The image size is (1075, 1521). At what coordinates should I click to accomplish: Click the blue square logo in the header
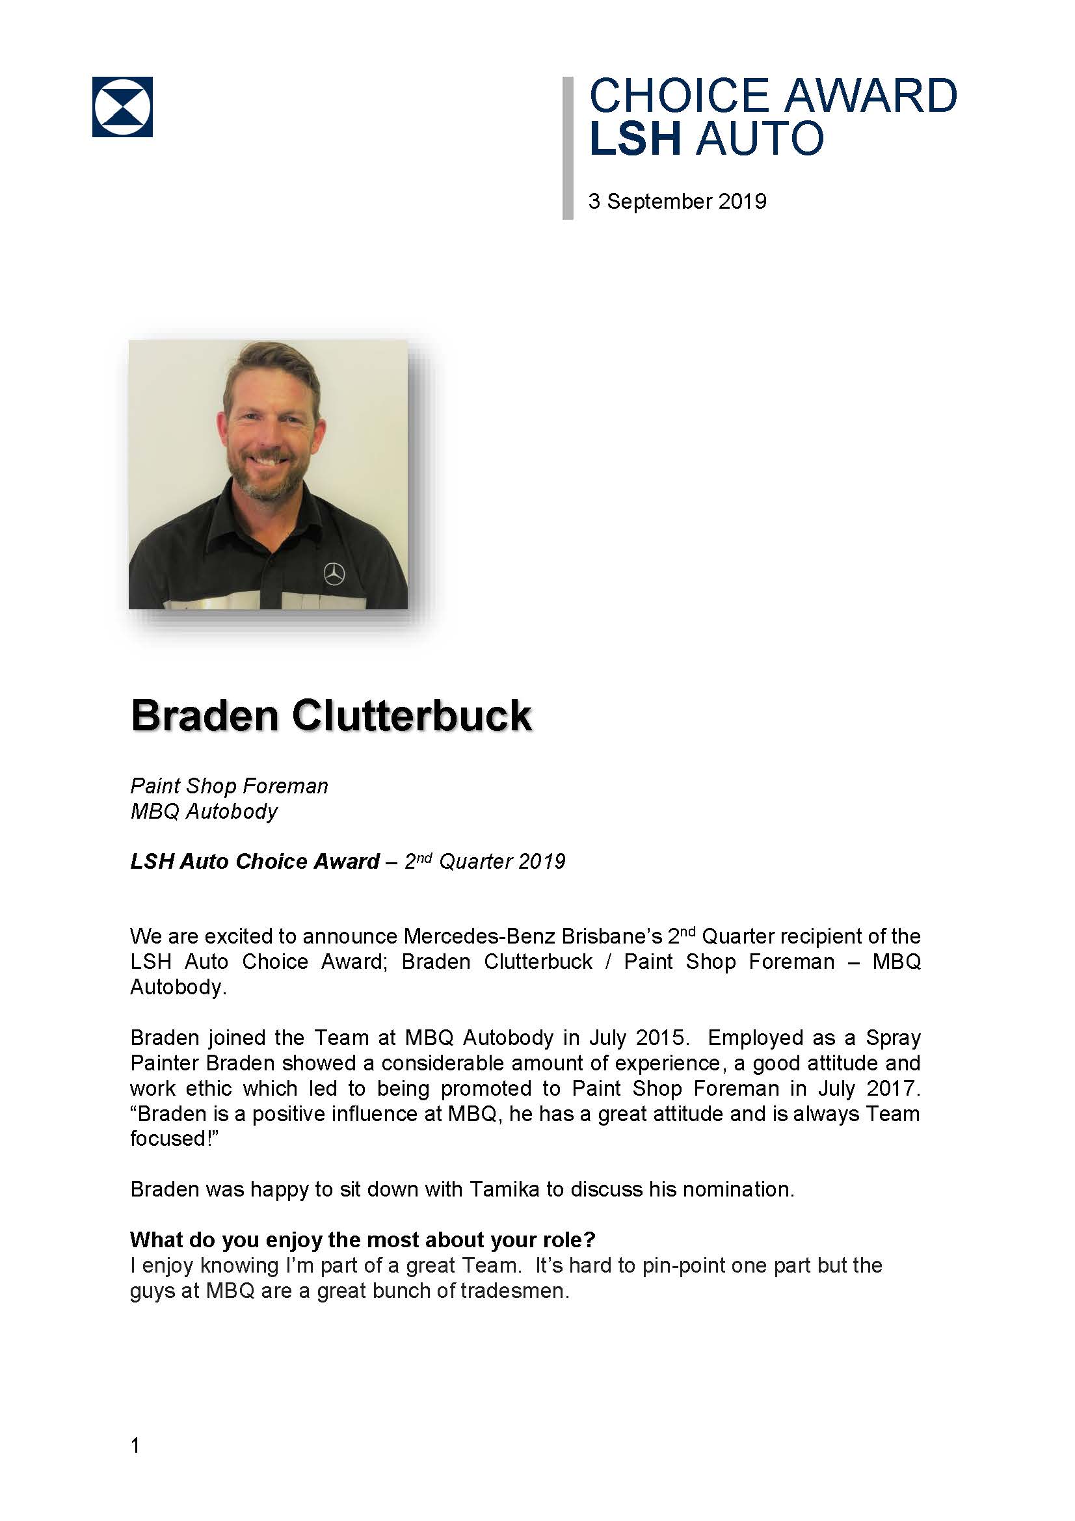click(x=122, y=107)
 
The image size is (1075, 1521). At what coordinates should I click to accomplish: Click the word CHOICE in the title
click(x=679, y=96)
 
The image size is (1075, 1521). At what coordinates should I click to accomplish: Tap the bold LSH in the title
click(x=635, y=139)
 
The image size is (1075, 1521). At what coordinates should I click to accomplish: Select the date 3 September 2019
click(x=677, y=202)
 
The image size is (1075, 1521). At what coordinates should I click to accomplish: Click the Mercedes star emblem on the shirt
click(x=334, y=573)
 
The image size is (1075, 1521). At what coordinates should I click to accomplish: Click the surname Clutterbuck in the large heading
click(x=411, y=716)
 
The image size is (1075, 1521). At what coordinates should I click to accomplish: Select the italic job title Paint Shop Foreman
click(x=229, y=786)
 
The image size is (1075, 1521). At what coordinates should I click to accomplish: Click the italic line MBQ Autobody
click(x=204, y=812)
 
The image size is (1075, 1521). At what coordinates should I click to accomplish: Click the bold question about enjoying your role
click(x=363, y=1239)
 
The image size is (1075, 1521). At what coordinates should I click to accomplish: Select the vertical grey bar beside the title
click(x=568, y=148)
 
